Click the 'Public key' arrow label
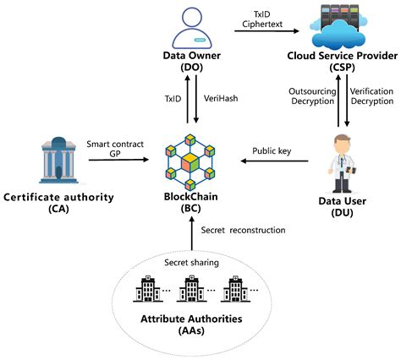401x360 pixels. click(x=271, y=152)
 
